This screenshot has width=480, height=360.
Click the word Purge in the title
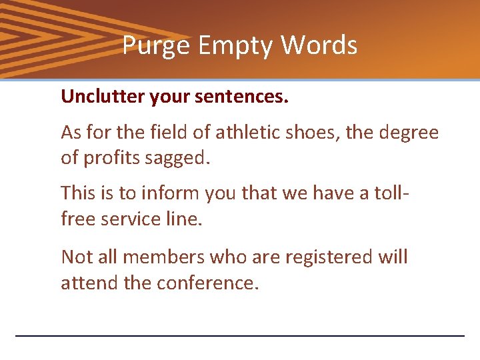[147, 45]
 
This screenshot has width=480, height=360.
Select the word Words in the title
[319, 45]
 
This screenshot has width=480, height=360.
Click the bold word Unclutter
[102, 97]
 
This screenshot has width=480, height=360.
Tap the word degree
[408, 133]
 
